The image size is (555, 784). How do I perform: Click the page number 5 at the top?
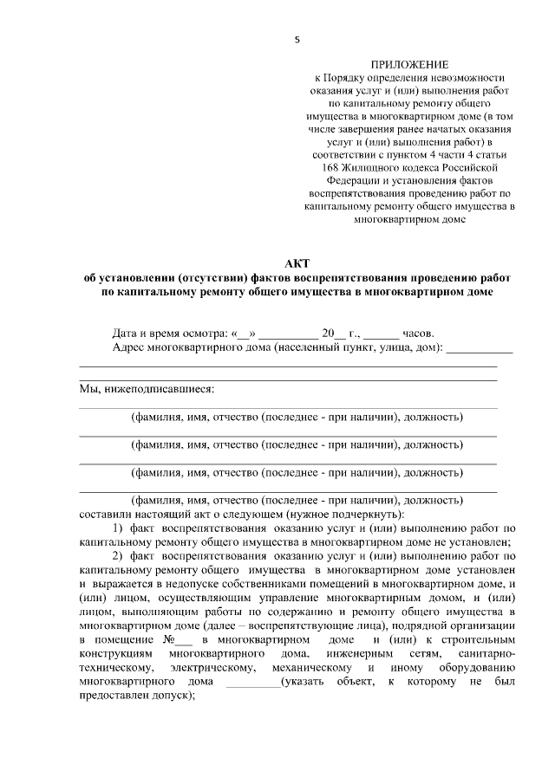coord(297,39)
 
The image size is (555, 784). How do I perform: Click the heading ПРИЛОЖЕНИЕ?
coord(410,65)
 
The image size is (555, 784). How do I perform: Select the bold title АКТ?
coord(296,263)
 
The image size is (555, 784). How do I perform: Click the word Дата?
coord(127,333)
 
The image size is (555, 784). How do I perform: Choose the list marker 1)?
coord(121,528)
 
